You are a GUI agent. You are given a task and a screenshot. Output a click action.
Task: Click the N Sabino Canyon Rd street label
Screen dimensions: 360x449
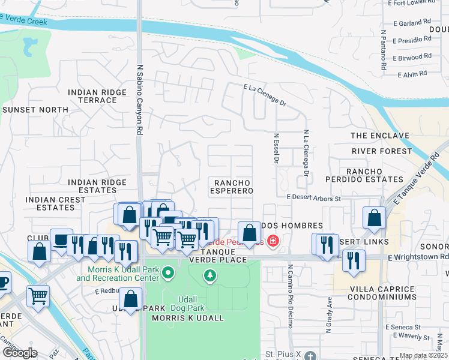[139, 99]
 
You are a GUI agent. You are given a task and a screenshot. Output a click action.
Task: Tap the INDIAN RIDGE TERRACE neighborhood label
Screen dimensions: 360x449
[97, 97]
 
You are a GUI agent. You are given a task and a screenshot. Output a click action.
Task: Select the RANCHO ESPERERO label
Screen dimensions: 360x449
[231, 186]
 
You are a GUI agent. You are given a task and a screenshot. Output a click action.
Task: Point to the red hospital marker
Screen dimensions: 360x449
[273, 241]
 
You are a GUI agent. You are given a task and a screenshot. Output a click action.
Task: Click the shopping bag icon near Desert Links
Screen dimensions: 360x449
[374, 218]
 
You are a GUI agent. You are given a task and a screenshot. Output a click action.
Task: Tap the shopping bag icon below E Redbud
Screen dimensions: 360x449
[130, 299]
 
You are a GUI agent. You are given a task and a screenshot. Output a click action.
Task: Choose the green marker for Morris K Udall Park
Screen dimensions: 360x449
[167, 274]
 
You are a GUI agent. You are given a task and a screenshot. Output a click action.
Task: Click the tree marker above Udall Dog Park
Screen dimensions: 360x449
[209, 275]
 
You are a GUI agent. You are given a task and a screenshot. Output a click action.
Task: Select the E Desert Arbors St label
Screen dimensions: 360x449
[313, 197]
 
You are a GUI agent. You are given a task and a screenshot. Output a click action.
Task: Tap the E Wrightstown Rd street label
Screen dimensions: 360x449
[418, 257]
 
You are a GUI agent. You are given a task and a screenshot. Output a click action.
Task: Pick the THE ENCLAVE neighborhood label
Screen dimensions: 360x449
[379, 136]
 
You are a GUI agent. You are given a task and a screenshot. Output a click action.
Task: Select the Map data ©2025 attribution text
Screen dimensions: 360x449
[423, 355]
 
